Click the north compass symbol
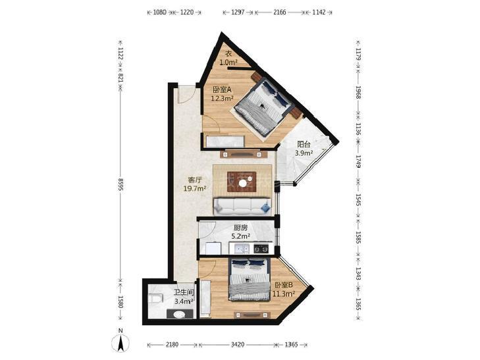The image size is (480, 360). pos(120,341)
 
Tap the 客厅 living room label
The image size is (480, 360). pos(194,180)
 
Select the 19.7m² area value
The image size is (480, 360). pos(194,188)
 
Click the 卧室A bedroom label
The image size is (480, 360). pos(222,90)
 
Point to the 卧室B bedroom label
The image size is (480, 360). pos(284,285)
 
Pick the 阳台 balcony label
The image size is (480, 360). pos(304,144)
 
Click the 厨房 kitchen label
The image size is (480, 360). pos(240,228)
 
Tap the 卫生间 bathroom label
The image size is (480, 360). pos(184,292)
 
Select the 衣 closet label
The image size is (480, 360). pos(228,53)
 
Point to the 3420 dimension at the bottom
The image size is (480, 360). pos(237,345)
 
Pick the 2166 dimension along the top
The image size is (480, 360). pos(279,13)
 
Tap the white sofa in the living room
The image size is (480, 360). pos(242,206)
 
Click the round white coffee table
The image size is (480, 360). pos(243,183)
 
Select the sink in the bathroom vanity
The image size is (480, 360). pos(179,315)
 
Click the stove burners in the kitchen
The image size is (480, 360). pos(261,249)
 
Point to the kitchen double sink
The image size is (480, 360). pos(242,249)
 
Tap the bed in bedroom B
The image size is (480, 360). pos(249,279)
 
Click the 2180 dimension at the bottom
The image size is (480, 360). pos(172,345)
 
